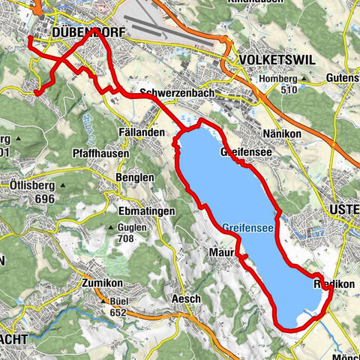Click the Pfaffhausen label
click(103, 154)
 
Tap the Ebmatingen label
click(146, 211)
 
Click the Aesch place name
click(187, 298)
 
